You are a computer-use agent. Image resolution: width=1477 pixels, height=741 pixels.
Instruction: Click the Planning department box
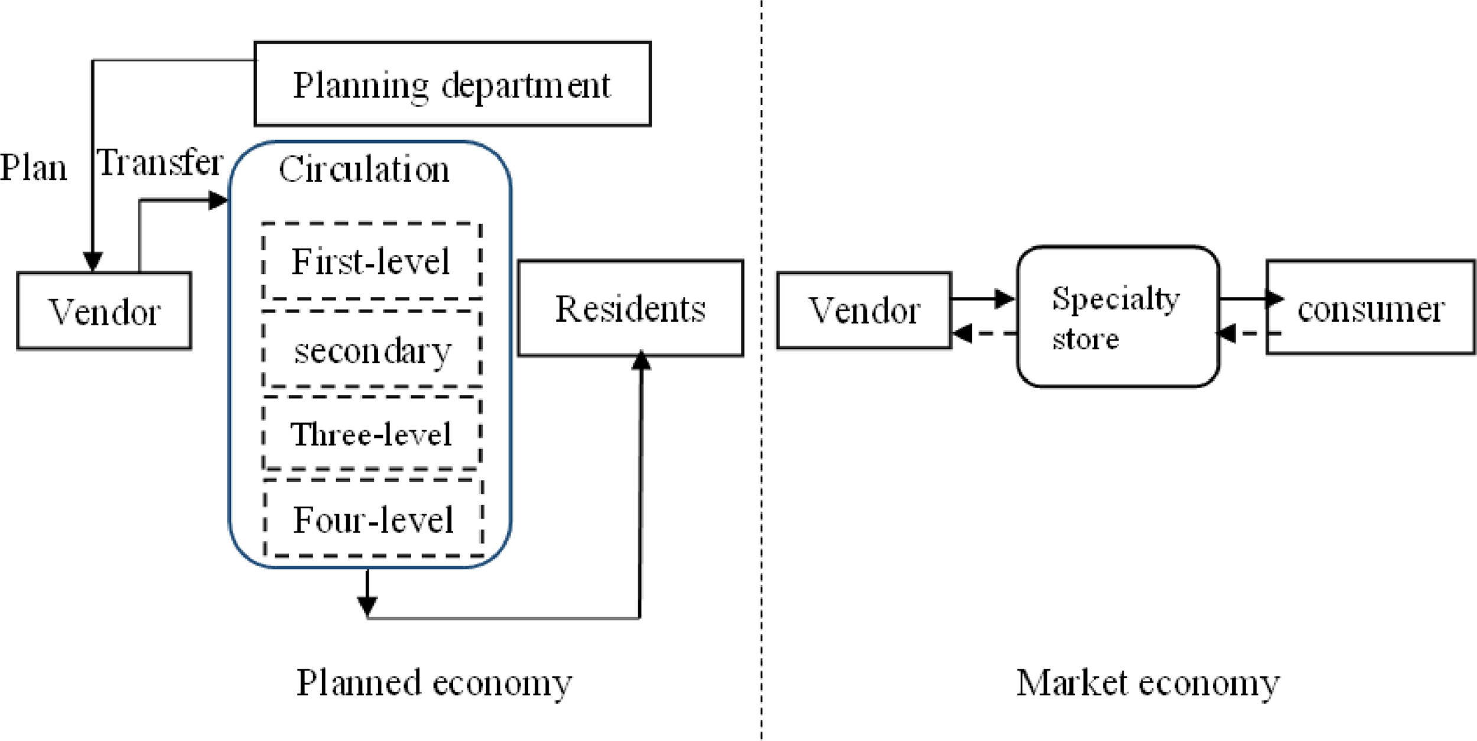click(453, 84)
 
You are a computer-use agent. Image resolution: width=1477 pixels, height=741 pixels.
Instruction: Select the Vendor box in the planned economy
click(104, 311)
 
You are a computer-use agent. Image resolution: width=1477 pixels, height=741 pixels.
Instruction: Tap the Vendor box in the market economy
click(864, 311)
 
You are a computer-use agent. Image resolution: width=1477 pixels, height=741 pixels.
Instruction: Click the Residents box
click(630, 308)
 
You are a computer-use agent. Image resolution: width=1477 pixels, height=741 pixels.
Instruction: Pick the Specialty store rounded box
click(1118, 317)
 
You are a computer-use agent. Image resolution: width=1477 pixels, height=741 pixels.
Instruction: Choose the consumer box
click(1371, 307)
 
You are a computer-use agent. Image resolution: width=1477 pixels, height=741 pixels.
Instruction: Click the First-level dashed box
click(372, 261)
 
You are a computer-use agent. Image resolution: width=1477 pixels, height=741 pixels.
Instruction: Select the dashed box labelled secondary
click(372, 350)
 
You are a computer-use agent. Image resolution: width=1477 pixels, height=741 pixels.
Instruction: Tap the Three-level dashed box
click(372, 434)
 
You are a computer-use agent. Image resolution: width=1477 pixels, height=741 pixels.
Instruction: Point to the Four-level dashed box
click(373, 519)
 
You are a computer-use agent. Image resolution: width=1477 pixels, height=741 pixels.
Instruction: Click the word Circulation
click(364, 169)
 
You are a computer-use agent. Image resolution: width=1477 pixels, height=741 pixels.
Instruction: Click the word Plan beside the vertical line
click(33, 167)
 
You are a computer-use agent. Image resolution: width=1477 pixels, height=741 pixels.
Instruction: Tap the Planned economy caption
click(434, 683)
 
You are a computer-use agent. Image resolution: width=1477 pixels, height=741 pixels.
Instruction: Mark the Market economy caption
click(1147, 683)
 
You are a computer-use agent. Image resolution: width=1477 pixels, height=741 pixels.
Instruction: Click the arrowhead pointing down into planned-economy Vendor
click(93, 262)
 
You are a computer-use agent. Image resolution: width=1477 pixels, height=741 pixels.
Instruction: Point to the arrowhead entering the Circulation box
click(218, 200)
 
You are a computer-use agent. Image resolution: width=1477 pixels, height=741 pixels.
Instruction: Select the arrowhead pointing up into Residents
click(641, 360)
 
